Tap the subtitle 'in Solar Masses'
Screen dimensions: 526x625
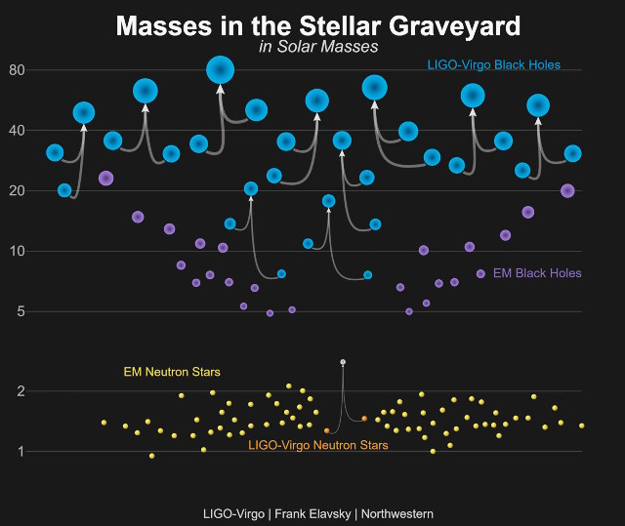(319, 47)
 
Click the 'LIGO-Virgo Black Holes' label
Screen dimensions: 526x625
(494, 65)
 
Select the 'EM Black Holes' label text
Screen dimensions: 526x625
(538, 274)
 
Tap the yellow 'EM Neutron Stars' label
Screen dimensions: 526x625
(172, 372)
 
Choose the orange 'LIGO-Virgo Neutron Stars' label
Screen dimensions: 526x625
(318, 446)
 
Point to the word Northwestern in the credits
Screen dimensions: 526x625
(397, 513)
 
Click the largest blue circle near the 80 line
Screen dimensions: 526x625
(220, 69)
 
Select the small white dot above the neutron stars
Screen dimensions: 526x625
(343, 362)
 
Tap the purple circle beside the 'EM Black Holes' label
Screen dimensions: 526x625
(480, 274)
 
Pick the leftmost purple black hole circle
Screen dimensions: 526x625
(106, 179)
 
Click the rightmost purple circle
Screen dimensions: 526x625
(567, 191)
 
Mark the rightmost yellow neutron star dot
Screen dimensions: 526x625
(582, 425)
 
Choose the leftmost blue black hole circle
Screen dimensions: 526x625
(55, 152)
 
